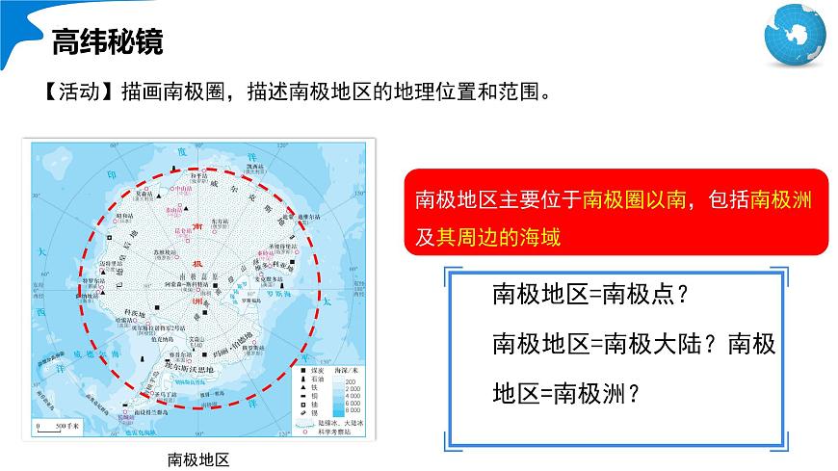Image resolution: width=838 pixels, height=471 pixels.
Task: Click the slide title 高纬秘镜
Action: click(x=107, y=42)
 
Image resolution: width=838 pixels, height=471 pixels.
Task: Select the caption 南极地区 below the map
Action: click(x=198, y=458)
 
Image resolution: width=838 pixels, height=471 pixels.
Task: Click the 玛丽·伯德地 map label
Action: click(x=230, y=346)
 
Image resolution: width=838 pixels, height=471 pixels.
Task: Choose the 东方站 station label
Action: click(x=218, y=221)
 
